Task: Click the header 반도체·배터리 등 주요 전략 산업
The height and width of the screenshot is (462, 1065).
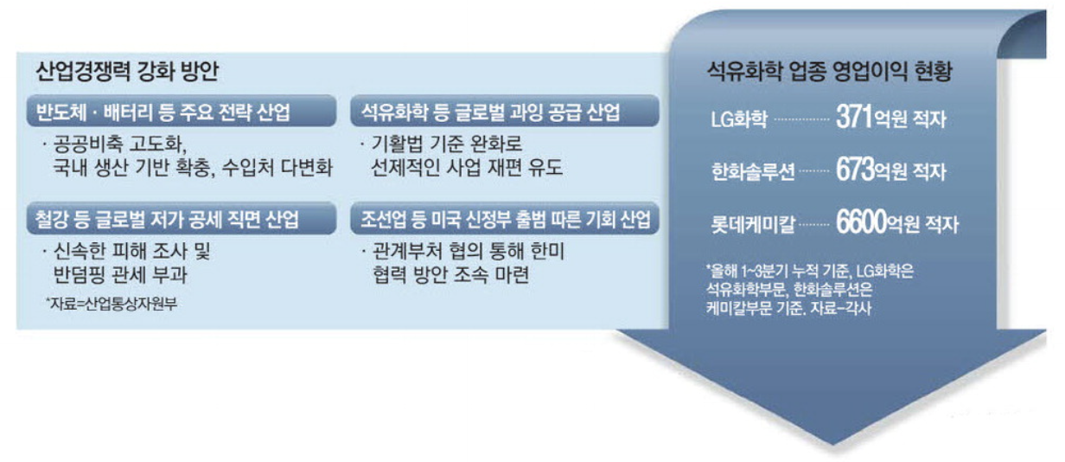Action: point(159,112)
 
